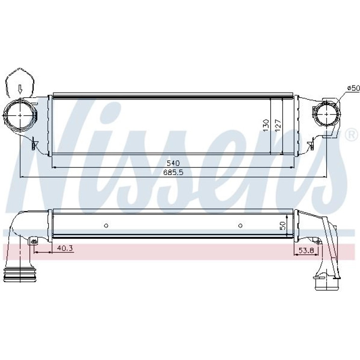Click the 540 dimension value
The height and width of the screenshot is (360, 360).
click(173, 163)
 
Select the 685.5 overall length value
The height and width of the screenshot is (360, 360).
click(173, 173)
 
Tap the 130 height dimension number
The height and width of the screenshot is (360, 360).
click(266, 125)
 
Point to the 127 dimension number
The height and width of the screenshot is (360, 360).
click(278, 125)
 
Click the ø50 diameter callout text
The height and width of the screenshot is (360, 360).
click(353, 88)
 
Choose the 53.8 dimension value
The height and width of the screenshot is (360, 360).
click(306, 250)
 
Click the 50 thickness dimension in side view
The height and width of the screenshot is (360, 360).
click(283, 226)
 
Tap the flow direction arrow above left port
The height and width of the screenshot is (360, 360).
click(20, 89)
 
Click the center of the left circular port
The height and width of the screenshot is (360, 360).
click(20, 115)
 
